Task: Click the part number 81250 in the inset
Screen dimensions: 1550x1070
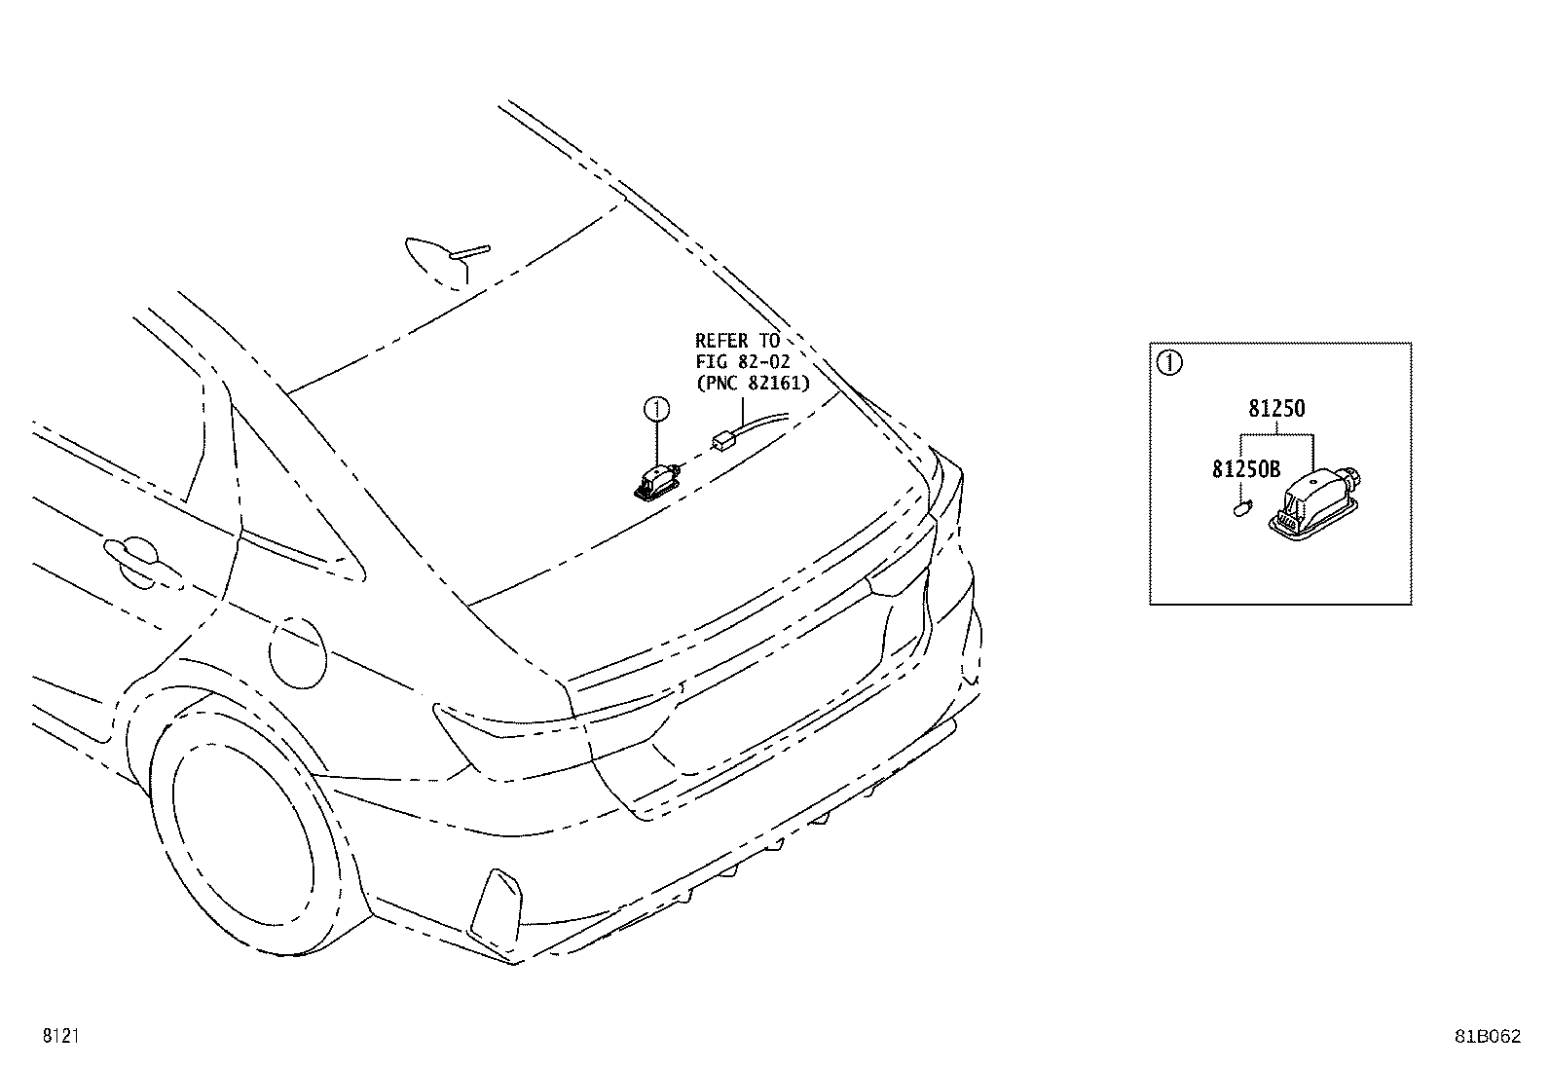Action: [x=1276, y=409]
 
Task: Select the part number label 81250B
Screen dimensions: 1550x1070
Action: [x=1246, y=469]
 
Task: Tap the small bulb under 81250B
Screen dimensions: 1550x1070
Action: [x=1242, y=509]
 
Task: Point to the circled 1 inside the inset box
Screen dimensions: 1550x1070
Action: [x=1169, y=362]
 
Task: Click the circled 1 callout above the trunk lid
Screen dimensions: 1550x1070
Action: [x=656, y=410]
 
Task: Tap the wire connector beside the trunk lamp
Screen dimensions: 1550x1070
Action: [x=723, y=440]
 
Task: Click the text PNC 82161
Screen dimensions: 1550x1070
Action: [x=753, y=383]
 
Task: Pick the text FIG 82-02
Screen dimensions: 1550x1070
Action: [x=743, y=361]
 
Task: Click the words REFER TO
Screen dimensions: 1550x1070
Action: [x=737, y=341]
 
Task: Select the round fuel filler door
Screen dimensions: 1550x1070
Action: [x=298, y=652]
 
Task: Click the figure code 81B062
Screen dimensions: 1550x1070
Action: [x=1487, y=1036]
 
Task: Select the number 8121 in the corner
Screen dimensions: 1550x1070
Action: [x=61, y=1035]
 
